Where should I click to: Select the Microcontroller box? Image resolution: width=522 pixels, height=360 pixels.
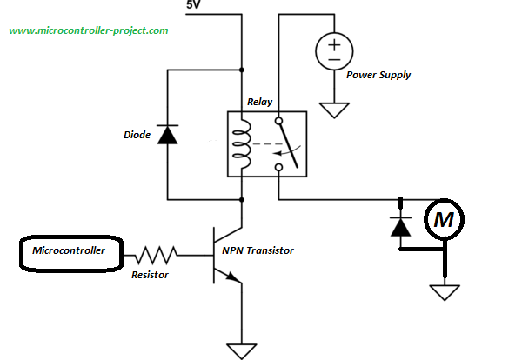69,251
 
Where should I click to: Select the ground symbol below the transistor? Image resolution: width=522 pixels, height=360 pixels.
241,350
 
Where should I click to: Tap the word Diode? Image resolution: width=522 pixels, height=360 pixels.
137,135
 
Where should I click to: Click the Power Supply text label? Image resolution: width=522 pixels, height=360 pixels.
378,75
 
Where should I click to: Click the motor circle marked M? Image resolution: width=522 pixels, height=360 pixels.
445,221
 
